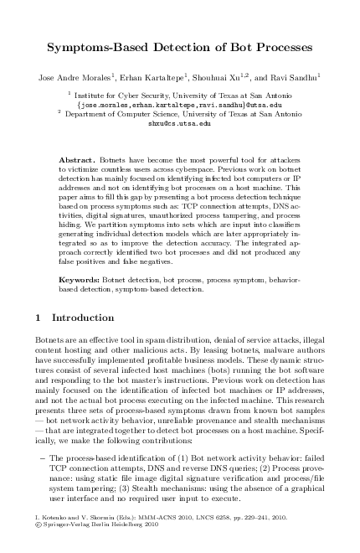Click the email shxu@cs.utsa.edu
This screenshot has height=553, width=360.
point(179,122)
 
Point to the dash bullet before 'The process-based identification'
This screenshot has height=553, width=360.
point(42,458)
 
